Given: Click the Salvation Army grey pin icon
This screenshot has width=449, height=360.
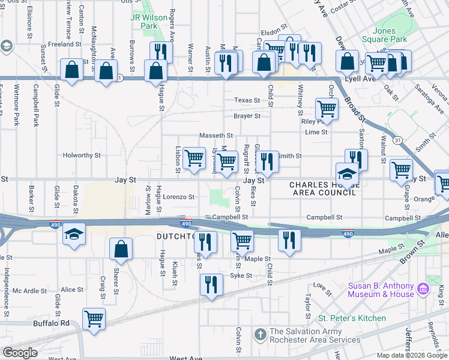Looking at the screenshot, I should [x=260, y=332].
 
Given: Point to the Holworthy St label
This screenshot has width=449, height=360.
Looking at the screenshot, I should [x=82, y=155].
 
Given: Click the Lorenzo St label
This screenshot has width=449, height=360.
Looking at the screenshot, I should [x=179, y=197].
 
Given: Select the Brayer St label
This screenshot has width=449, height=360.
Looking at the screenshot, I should [x=247, y=116].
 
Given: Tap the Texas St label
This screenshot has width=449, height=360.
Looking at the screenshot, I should [x=247, y=100].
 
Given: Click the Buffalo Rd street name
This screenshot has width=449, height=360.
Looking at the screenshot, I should [x=52, y=323].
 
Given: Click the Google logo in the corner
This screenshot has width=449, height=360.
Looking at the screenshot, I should [x=20, y=353].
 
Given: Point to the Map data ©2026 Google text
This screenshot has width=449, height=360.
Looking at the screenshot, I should [x=411, y=355].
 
